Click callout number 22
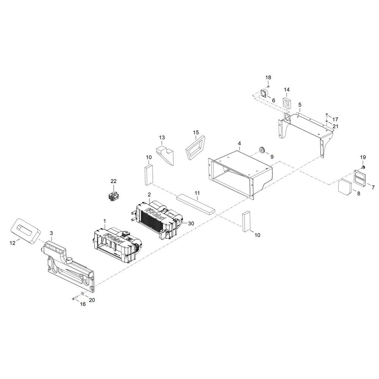tap(113, 181)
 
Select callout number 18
tap(268, 78)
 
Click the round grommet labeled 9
tap(262, 150)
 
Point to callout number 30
tap(191, 224)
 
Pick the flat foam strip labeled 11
tap(196, 205)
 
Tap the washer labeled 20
tap(82, 293)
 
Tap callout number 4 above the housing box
tap(239, 143)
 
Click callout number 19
tap(363, 157)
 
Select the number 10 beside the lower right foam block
tap(257, 235)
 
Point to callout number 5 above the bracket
tap(300, 105)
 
